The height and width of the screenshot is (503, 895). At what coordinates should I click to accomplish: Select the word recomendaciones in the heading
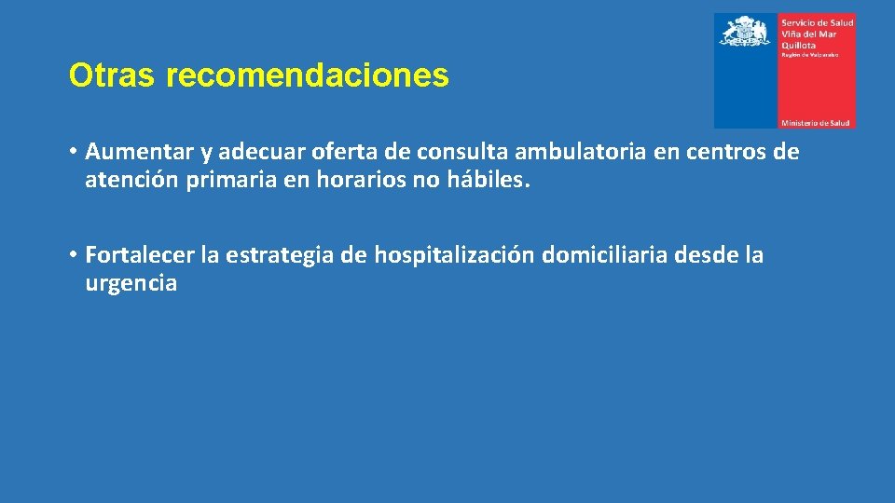coord(308,76)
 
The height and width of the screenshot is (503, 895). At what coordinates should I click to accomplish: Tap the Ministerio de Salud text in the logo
coord(815,122)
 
